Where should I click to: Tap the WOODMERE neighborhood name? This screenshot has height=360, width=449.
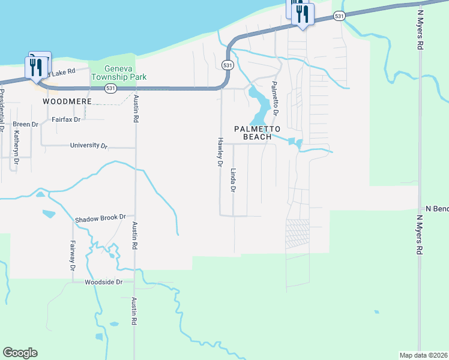[67, 101]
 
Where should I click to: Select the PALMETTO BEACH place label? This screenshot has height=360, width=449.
[257, 133]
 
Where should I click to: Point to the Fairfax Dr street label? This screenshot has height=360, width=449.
[66, 119]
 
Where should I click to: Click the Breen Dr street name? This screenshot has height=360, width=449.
[25, 124]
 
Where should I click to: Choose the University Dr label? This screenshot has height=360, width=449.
[89, 145]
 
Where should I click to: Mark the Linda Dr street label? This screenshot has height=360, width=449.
[234, 180]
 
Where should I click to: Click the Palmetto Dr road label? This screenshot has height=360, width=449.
[275, 98]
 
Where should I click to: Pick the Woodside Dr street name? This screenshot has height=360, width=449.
[103, 281]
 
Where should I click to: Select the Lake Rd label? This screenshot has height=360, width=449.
[62, 72]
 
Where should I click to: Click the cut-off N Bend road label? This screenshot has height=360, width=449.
[436, 208]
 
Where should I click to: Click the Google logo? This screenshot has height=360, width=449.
[20, 353]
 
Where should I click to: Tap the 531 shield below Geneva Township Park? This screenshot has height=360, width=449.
[110, 88]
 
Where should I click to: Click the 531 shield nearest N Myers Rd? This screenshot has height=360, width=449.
[340, 17]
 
